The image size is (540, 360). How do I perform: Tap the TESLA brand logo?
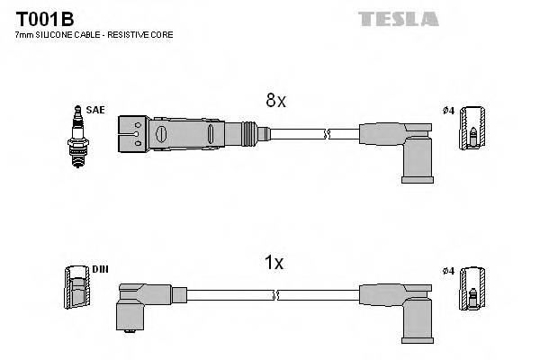click(398, 19)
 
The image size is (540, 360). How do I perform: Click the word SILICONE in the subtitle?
click(56, 34)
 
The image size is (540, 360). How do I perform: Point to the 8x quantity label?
click(275, 102)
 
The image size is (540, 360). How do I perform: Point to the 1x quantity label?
click(274, 264)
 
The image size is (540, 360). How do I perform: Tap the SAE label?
click(95, 110)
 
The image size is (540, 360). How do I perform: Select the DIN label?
click(99, 269)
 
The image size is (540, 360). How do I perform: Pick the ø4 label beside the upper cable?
click(449, 111)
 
